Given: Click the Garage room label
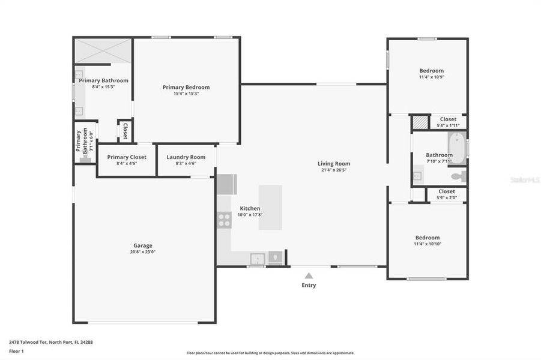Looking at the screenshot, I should coord(143,245).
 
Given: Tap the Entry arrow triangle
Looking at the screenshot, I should coord(309,276).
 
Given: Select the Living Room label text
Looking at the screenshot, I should coord(334,164).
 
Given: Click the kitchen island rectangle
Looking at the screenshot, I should coord(270,207).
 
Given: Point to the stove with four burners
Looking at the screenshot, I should coord(224,220).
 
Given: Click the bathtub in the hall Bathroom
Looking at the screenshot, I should coord(458,148).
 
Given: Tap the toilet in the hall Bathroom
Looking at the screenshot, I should coord(459,176).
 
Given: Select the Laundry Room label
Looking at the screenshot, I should coord(186,157).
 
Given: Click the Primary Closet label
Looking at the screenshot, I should coord(127,157).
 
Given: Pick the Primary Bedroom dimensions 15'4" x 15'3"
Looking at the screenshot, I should coord(186,94).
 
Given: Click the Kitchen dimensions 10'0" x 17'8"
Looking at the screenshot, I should coord(250,215).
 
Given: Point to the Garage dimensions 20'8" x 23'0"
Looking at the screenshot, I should coord(143,252).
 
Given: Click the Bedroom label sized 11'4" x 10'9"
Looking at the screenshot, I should coord(431,71).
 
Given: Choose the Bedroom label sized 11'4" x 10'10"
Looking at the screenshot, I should coord(427,238).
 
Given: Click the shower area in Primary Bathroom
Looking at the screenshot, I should coord(103,51).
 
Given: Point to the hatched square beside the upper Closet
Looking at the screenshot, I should coord(420,122).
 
